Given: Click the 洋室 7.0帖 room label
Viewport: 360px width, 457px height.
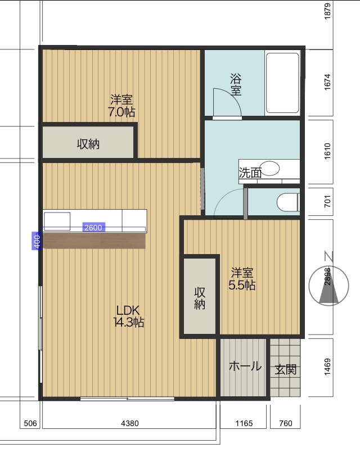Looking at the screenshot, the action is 121,106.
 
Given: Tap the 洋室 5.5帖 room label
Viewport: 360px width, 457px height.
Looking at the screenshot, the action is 242,279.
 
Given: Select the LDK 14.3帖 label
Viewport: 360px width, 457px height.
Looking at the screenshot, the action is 128,316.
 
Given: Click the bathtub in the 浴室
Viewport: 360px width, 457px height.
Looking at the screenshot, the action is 282,83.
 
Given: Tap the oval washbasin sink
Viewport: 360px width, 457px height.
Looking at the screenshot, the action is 269,168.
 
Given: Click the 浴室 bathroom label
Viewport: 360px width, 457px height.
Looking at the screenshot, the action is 236,84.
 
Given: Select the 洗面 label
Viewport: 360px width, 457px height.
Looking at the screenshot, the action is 250,173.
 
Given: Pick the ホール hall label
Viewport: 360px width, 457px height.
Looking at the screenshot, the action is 245,366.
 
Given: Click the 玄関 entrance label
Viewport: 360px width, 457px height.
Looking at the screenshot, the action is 286,369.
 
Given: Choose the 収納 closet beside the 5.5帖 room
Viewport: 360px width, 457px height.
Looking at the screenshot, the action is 200,296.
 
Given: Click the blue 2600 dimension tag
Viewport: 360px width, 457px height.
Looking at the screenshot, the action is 93,227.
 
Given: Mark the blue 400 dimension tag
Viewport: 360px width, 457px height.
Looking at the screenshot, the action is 37,241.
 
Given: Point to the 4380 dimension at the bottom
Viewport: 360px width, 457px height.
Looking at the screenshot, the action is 130,423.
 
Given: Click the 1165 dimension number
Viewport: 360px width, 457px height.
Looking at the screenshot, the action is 244,423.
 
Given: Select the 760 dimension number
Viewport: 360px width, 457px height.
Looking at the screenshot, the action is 285,423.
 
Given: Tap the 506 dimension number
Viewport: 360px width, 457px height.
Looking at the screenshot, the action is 30,423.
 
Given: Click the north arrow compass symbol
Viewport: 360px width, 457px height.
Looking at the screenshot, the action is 329,286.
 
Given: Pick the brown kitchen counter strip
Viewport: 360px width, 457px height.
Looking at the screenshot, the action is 94,241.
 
